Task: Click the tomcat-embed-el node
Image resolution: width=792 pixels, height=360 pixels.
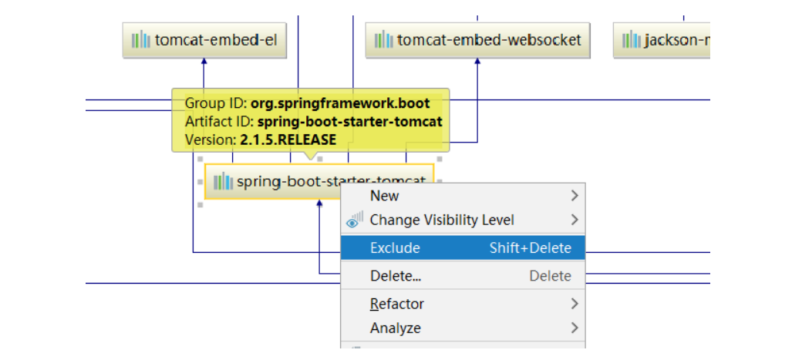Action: click(x=204, y=40)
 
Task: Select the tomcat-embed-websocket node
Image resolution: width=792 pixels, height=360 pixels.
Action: click(x=478, y=40)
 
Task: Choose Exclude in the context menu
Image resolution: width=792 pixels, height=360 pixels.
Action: click(x=395, y=247)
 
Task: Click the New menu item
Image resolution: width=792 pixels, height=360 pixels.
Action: click(x=384, y=196)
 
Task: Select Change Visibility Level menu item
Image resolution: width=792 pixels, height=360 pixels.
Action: click(x=441, y=220)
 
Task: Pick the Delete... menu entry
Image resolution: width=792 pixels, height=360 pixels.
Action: click(x=396, y=276)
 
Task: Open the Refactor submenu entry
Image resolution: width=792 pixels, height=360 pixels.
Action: click(x=397, y=304)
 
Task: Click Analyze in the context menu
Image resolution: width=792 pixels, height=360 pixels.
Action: click(x=396, y=328)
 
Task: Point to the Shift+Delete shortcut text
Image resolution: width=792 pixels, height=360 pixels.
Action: click(x=531, y=247)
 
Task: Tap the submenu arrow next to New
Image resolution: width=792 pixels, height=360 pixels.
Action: click(x=574, y=196)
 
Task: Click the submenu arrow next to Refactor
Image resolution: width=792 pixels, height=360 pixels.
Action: click(x=574, y=304)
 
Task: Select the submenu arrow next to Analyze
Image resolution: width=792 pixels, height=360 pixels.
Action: click(x=574, y=328)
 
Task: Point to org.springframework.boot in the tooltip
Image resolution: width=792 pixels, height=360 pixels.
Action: click(x=340, y=103)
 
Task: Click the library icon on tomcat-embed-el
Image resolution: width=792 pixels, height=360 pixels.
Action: click(x=140, y=40)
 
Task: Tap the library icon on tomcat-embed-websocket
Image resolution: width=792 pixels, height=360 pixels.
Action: click(x=383, y=40)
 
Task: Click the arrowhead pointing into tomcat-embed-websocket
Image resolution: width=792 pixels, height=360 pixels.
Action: click(x=477, y=62)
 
